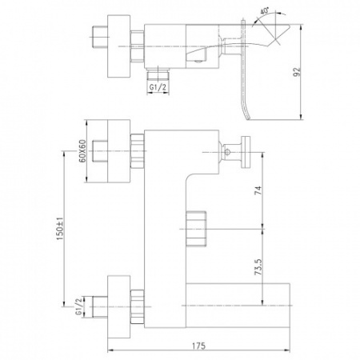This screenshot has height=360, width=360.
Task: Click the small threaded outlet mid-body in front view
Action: (195, 227)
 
